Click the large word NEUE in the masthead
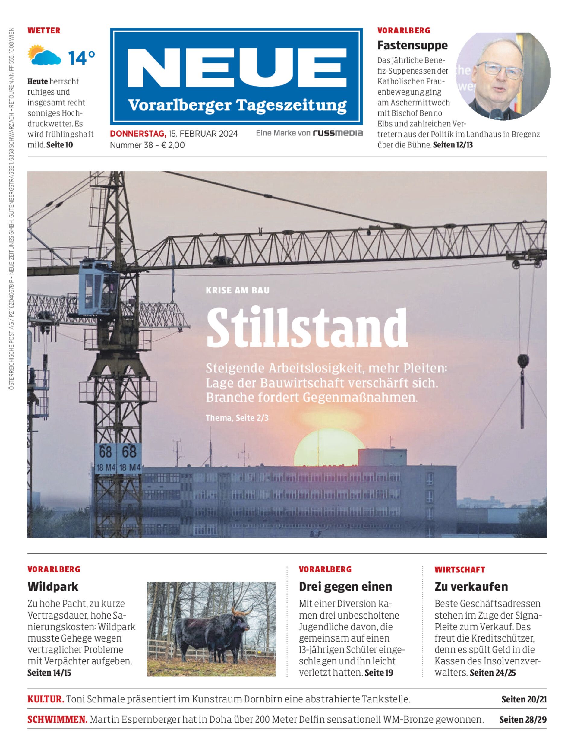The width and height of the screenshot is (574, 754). [236, 68]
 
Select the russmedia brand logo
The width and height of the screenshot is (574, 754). [338, 133]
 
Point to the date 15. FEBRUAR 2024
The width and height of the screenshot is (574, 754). [203, 134]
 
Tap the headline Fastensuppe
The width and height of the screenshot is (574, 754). [412, 45]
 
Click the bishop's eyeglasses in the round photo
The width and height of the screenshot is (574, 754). [500, 71]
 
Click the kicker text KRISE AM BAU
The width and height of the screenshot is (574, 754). [238, 290]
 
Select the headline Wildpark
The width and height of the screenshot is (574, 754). [53, 587]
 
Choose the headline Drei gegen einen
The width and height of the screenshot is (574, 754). [345, 587]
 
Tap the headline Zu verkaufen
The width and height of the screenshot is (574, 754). [471, 587]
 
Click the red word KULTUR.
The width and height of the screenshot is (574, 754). [46, 699]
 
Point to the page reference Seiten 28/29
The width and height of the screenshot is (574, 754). [522, 720]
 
